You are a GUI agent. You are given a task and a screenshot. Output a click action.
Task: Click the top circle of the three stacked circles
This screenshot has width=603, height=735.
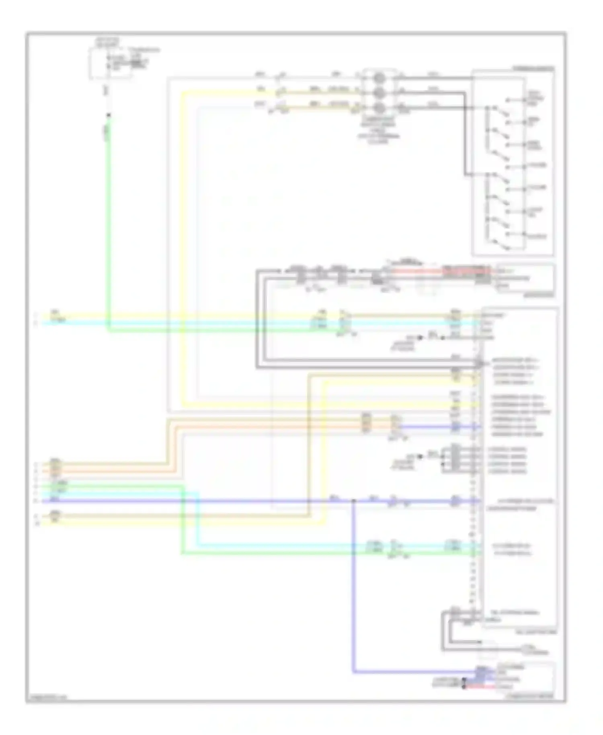(378, 77)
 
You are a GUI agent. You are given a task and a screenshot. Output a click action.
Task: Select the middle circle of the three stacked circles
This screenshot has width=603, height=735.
(378, 92)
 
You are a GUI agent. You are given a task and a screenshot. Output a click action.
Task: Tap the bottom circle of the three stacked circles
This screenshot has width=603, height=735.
(378, 107)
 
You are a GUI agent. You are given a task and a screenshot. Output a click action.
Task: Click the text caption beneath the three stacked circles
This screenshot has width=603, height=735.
(378, 129)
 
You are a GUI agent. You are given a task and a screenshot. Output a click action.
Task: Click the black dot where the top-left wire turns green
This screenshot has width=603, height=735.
(108, 116)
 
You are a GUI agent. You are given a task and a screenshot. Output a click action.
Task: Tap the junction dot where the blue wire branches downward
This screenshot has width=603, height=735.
(353, 501)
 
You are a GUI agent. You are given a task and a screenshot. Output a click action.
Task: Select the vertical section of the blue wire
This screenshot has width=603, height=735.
(353, 583)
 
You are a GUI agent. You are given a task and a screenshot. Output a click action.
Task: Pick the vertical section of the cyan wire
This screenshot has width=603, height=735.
(198, 519)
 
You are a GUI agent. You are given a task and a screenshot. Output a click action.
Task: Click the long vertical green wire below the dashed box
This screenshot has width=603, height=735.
(108, 221)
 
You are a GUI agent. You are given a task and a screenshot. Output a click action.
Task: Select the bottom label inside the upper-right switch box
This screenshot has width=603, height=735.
(537, 236)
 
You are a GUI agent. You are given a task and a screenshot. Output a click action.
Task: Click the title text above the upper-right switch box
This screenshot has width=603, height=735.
(533, 69)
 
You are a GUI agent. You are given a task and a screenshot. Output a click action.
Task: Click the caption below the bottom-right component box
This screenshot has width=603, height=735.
(533, 695)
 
